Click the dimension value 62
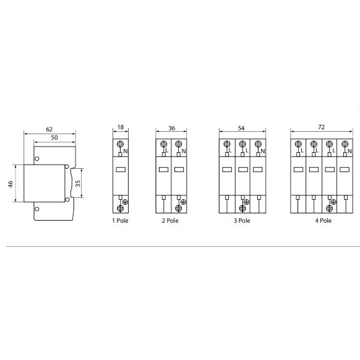49,129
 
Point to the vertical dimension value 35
77,184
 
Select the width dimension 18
120,127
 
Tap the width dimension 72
321,127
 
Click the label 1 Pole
120,220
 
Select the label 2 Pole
171,220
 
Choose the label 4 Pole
322,220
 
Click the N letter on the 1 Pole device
126,151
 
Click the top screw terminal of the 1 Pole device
120,144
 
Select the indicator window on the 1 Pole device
120,169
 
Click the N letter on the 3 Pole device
263,151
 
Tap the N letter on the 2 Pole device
184,151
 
